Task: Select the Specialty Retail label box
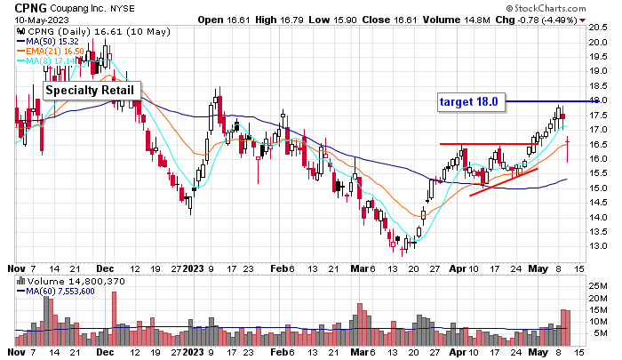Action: click(x=92, y=90)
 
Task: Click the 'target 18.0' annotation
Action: click(x=471, y=101)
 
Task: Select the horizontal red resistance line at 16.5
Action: click(x=484, y=144)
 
